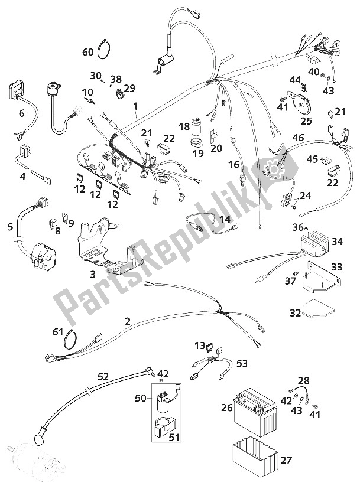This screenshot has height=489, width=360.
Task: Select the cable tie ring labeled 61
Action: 72,340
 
